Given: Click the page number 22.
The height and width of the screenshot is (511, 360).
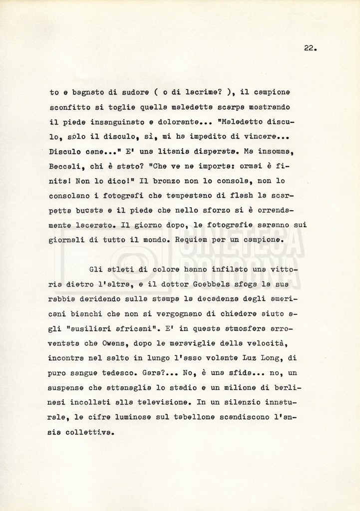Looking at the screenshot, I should tap(310, 48).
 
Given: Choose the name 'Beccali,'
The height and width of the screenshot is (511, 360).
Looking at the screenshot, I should tap(66, 165).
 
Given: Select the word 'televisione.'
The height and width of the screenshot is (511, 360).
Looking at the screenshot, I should tap(163, 402).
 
